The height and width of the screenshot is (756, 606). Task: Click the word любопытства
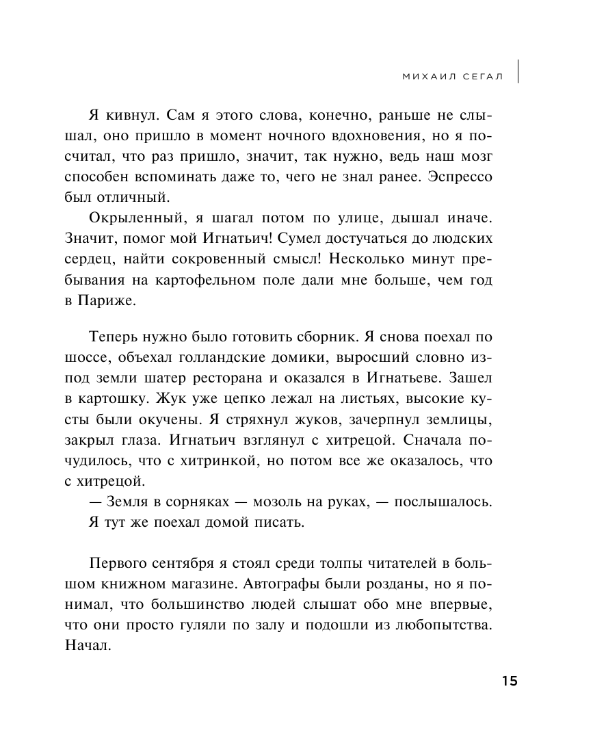click(437, 626)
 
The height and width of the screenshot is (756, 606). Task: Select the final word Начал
click(88, 647)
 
